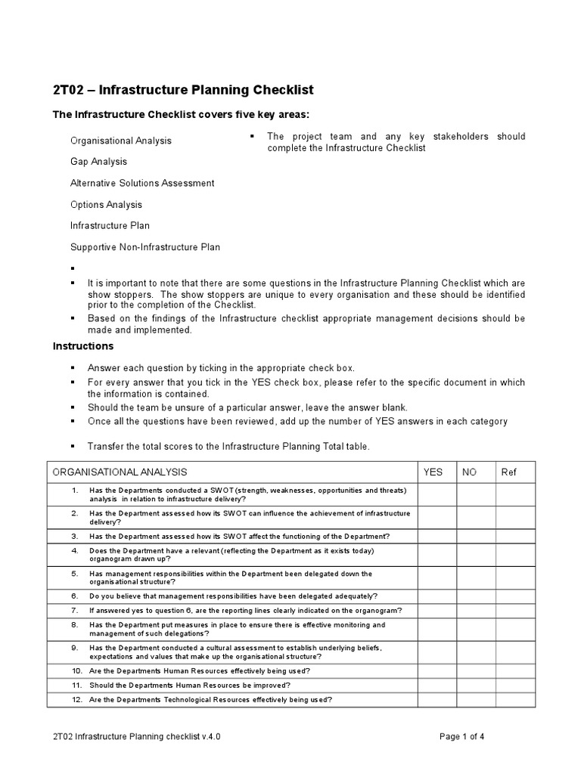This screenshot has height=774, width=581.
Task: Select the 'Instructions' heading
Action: point(82,346)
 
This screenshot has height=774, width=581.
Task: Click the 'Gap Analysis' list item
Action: point(98,162)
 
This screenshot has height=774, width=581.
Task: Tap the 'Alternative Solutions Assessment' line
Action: point(142,183)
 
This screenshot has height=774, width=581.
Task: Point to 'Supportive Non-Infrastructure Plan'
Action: point(145,247)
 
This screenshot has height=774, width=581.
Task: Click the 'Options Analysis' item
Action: point(106,205)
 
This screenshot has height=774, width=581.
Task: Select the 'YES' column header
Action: point(433,472)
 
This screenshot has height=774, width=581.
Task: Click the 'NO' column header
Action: point(470,472)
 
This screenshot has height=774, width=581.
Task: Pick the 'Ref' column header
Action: point(508,472)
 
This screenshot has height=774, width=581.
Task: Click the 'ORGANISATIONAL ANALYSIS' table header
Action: point(120,472)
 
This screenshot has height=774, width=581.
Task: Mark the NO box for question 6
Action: point(476,596)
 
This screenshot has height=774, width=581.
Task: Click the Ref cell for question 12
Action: point(515,700)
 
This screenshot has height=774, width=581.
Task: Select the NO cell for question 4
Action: point(476,555)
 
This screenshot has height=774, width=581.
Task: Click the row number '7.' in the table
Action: point(75,610)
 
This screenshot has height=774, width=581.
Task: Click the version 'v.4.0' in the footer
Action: point(210,737)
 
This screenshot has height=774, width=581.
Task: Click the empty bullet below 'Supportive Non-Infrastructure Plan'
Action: point(73,268)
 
